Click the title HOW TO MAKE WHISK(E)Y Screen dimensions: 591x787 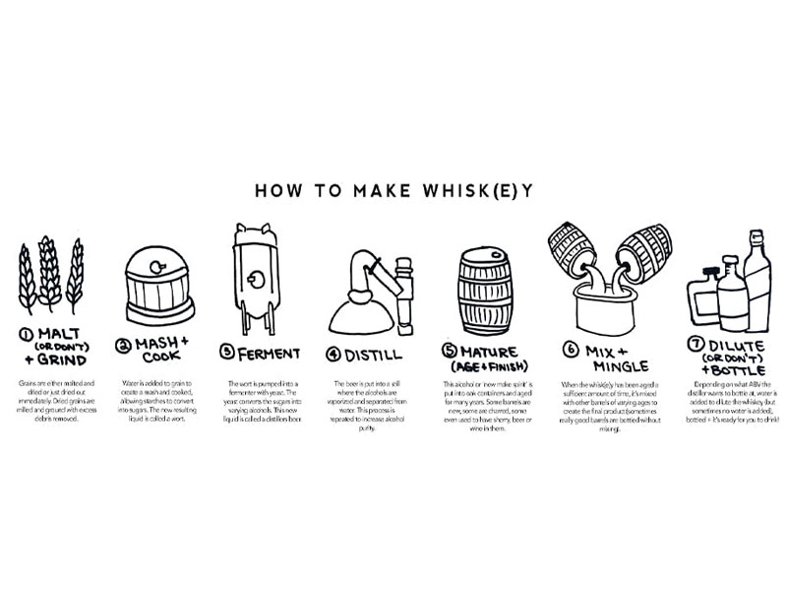[393, 190]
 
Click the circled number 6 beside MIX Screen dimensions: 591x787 [569, 348]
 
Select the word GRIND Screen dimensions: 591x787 [58, 361]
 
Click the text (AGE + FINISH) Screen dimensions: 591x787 [491, 365]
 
